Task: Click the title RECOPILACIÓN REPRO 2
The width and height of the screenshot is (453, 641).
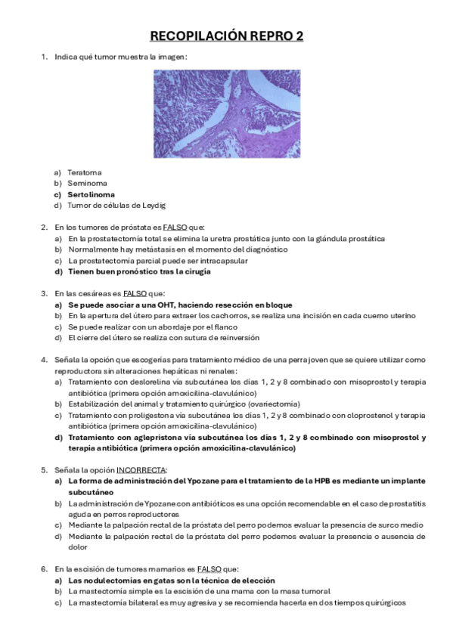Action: tap(227, 36)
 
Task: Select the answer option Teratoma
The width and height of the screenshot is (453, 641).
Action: tap(84, 172)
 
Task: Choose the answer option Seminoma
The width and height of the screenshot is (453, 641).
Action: tap(87, 183)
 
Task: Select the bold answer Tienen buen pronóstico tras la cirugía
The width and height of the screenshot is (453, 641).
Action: tap(139, 271)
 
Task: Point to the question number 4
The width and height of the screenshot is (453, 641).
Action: tap(44, 359)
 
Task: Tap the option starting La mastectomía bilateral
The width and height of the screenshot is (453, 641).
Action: tap(237, 602)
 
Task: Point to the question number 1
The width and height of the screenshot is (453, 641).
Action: tap(44, 57)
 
